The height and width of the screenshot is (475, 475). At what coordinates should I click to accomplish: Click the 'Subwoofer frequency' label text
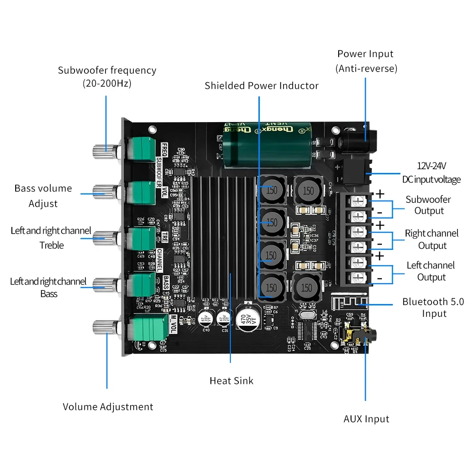coord(107,76)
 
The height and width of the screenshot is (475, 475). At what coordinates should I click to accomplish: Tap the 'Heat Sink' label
coord(231,380)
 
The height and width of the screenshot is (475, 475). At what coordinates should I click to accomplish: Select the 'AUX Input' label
coord(366,419)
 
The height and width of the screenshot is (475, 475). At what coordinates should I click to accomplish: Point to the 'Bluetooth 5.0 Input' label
coord(433,307)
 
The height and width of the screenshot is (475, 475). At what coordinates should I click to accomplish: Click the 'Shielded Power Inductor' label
coord(261,85)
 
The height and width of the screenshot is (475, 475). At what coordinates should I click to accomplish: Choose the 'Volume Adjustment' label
coord(108,407)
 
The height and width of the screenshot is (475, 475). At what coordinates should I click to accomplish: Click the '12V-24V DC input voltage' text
coord(432,172)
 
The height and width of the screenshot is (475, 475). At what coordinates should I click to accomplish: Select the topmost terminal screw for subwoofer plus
coord(359,200)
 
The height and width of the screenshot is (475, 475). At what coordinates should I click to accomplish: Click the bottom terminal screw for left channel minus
coord(359,277)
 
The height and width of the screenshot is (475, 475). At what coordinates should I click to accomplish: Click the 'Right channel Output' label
coord(432,239)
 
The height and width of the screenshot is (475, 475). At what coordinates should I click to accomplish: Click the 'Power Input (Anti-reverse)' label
coord(366,61)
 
